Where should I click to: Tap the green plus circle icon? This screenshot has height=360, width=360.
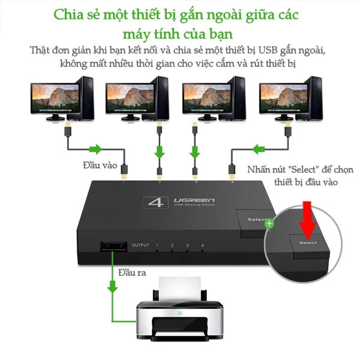pyautogui.click(x=269, y=223)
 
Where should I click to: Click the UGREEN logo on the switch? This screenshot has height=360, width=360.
pyautogui.click(x=194, y=200)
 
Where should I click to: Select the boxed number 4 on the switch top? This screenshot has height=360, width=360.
pyautogui.click(x=155, y=203)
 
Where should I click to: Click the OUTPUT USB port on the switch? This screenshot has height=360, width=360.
pyautogui.click(x=113, y=247)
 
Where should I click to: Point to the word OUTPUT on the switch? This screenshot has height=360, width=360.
pyautogui.click(x=140, y=245)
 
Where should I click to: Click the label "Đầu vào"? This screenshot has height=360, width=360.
pyautogui.click(x=100, y=165)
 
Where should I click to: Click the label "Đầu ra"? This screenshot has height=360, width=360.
pyautogui.click(x=132, y=272)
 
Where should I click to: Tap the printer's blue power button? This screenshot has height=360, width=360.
pyautogui.click(x=180, y=313)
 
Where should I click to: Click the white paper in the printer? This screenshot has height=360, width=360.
pyautogui.click(x=180, y=289)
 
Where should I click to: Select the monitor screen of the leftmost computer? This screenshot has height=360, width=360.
pyautogui.click(x=55, y=98)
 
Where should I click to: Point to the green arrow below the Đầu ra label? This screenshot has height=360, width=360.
pyautogui.click(x=113, y=286)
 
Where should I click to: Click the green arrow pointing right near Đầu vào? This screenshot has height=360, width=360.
pyautogui.click(x=95, y=149)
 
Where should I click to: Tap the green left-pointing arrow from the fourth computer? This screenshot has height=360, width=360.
pyautogui.click(x=259, y=149)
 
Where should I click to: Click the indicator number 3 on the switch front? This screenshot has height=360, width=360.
pyautogui.click(x=187, y=245)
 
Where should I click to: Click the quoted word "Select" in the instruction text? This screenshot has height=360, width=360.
pyautogui.click(x=304, y=170)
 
